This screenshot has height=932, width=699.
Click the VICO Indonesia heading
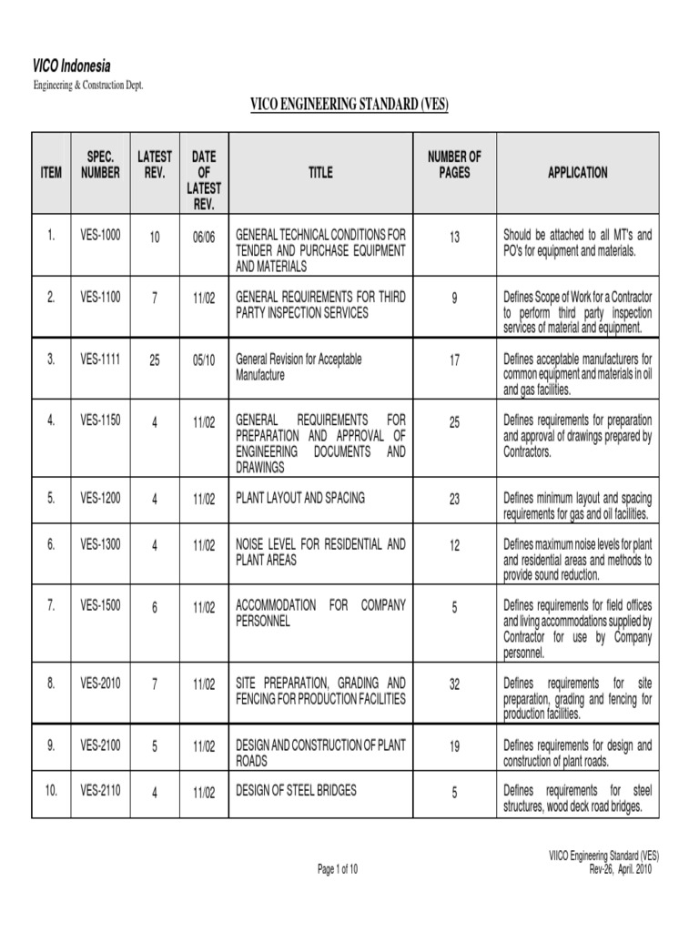click(72, 66)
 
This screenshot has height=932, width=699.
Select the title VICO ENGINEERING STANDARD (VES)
click(349, 106)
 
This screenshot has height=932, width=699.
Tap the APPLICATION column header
click(577, 172)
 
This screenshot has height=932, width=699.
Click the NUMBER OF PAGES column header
click(454, 164)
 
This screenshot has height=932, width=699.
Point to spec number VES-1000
click(99, 235)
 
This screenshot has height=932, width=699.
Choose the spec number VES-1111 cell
click(99, 360)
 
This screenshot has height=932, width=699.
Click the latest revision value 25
click(154, 361)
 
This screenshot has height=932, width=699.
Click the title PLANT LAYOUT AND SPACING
click(299, 498)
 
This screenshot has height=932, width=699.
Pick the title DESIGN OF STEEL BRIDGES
click(296, 790)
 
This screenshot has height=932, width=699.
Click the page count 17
click(454, 361)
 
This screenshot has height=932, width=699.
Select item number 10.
click(51, 790)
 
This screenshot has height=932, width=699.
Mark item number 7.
click(52, 605)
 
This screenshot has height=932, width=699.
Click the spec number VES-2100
click(99, 745)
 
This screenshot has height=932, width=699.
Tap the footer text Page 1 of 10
click(338, 869)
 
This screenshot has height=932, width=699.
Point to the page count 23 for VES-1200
click(454, 500)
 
